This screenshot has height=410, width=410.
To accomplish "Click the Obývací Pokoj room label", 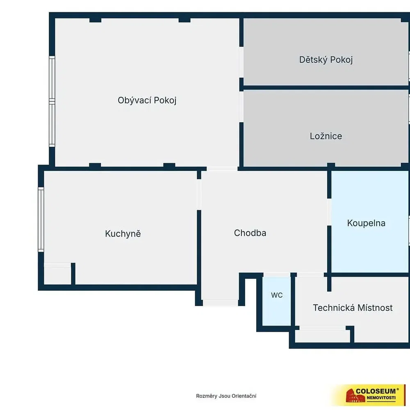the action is [147, 100].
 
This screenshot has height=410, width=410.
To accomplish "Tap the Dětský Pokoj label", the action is [326, 59].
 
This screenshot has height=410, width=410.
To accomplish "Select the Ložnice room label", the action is [326, 136].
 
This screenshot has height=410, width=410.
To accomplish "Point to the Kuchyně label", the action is [123, 234].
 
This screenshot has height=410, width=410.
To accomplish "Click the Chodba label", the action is [250, 233].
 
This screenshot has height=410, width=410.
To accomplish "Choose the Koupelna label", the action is [366, 223].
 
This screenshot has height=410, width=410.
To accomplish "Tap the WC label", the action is [277, 295].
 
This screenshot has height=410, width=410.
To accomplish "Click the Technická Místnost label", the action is [353, 308].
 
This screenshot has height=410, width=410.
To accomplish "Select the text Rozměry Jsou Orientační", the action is [226, 396].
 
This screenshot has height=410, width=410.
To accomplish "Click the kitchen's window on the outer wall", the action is [41, 219].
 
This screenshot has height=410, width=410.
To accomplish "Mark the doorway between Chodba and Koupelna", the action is [329, 212].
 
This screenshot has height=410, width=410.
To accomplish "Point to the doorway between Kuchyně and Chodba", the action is [199, 194].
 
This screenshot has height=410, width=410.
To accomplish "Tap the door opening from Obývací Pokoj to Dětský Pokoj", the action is [241, 62].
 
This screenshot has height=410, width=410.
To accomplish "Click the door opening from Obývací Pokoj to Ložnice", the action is [241, 107].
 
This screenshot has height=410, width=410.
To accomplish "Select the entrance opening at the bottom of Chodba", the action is [221, 303].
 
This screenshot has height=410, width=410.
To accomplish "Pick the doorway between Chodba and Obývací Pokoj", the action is [222, 169].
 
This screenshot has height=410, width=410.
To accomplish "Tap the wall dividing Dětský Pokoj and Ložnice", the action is [326, 88].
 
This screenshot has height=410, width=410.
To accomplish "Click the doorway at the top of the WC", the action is [277, 275].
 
